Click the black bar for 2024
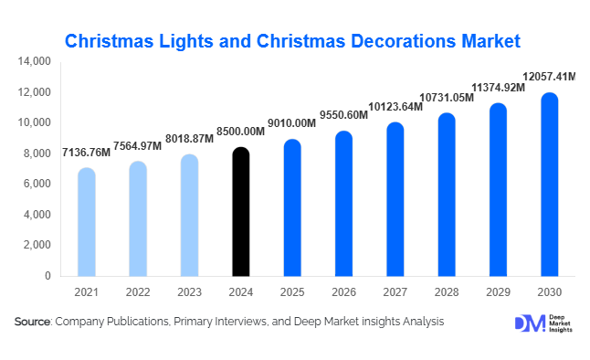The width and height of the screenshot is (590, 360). click(240, 212)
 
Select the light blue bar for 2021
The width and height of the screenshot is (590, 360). click(86, 222)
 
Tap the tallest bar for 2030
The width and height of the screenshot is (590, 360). click(549, 185)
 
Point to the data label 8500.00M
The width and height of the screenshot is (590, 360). click(241, 132)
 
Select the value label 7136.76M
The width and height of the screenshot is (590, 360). click(86, 152)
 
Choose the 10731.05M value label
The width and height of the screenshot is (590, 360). click(447, 97)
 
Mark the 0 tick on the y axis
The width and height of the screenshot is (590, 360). click(47, 275)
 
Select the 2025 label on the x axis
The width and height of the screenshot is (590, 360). click(291, 291)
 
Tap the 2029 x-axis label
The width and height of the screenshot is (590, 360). click(498, 291)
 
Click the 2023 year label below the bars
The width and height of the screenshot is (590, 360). click(189, 291)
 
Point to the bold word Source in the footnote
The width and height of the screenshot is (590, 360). click(33, 322)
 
